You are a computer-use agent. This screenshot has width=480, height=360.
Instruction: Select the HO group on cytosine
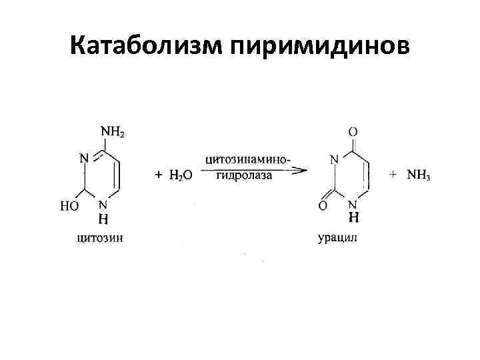click(x=69, y=206)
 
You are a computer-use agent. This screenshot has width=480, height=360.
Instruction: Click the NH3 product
click(x=419, y=175)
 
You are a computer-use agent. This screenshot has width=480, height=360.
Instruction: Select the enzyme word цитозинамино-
click(x=248, y=159)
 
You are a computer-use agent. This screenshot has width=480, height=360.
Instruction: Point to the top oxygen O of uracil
click(x=353, y=132)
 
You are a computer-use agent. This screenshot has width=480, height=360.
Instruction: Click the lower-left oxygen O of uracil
click(x=323, y=207)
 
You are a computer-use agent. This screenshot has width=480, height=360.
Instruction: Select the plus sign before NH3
click(x=393, y=174)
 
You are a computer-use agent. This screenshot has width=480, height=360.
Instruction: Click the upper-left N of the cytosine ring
click(x=84, y=159)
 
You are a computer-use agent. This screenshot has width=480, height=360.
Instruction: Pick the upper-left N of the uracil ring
click(x=334, y=159)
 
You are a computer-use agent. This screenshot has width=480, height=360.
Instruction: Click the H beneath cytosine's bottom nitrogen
click(x=103, y=219)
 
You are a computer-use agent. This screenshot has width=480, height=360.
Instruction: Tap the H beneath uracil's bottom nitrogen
click(x=353, y=218)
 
